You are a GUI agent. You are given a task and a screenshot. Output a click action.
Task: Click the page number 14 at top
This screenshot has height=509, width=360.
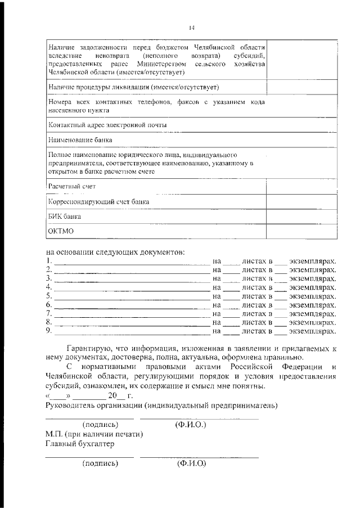pos(191,26)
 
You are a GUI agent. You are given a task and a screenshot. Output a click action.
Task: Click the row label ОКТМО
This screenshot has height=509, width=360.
pos(61,231)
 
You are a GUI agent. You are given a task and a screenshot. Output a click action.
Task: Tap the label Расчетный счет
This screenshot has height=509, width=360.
pos(72,186)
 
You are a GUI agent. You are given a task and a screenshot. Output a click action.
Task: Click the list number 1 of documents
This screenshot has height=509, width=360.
pos(49,262)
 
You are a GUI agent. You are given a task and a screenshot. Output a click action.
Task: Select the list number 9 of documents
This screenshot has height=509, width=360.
pos(49,331)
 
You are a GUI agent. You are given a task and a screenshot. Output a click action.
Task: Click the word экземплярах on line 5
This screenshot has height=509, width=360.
pos(312,296)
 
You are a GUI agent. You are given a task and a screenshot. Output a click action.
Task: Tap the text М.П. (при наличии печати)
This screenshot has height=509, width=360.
pos(94,434)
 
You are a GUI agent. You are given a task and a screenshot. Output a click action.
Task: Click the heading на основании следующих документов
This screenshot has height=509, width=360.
pos(115,251)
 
